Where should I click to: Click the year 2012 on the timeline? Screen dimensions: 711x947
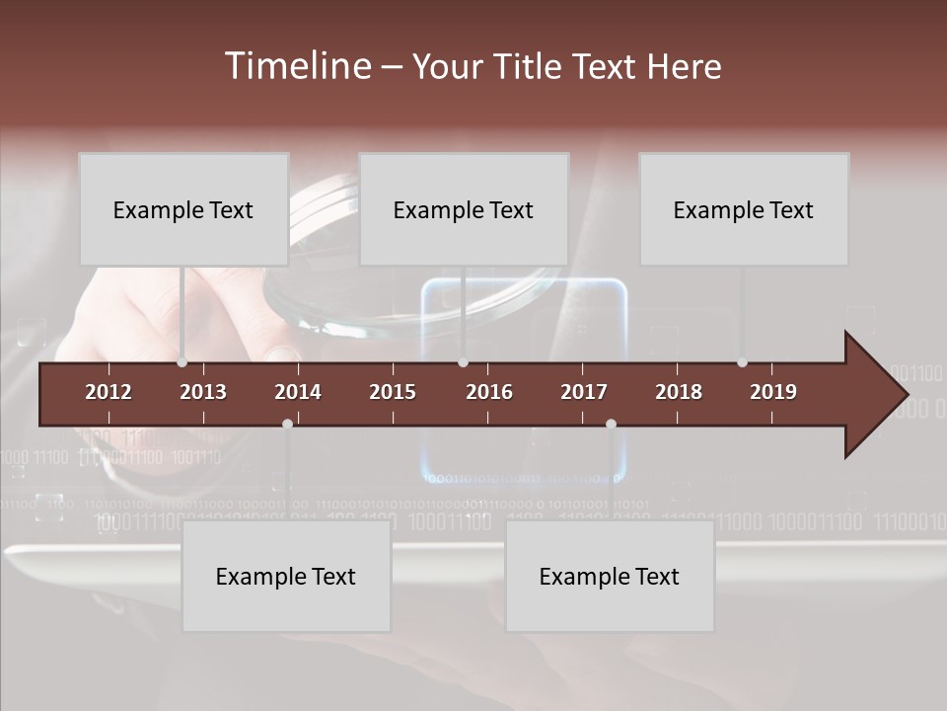109,392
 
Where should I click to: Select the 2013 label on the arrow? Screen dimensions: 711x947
203,392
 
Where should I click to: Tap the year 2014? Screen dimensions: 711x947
298,392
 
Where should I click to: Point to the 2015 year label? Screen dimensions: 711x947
393,392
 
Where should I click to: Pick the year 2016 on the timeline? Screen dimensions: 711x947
489,392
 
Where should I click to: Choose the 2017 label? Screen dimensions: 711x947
584,392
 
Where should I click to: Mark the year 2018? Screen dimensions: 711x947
679,392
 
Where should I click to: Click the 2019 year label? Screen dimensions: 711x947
773,392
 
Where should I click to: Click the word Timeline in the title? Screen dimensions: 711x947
296,66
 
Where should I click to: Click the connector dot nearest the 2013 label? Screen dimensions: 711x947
182,362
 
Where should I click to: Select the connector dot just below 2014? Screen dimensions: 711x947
287,424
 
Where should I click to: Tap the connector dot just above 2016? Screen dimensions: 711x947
463,362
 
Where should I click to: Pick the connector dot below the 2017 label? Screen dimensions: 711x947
611,424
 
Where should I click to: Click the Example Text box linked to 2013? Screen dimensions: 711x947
183,209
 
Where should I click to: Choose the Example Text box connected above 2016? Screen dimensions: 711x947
464,209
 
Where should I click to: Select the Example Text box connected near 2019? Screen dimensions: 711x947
744,209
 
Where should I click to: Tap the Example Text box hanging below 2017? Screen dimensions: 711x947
610,577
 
